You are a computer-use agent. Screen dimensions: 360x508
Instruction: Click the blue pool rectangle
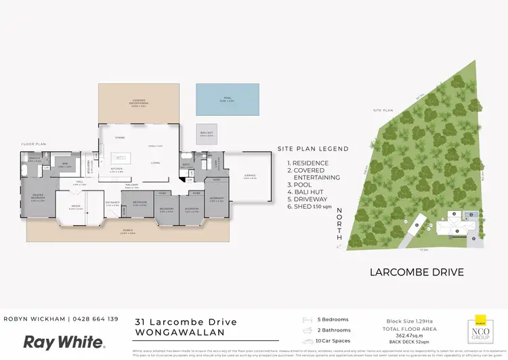coord(228,100)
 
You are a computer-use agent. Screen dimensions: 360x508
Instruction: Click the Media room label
coord(75,207)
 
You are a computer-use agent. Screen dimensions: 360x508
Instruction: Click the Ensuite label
coord(35,160)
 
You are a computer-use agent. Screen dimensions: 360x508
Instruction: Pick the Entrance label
coord(112,202)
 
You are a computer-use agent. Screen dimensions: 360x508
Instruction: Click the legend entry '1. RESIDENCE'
coord(308,163)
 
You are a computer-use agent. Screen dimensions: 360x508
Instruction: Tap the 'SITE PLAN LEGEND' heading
coord(313,148)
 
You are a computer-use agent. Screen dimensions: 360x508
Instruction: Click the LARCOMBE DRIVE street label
coord(417,273)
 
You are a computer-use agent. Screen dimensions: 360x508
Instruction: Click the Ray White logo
coord(64,342)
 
